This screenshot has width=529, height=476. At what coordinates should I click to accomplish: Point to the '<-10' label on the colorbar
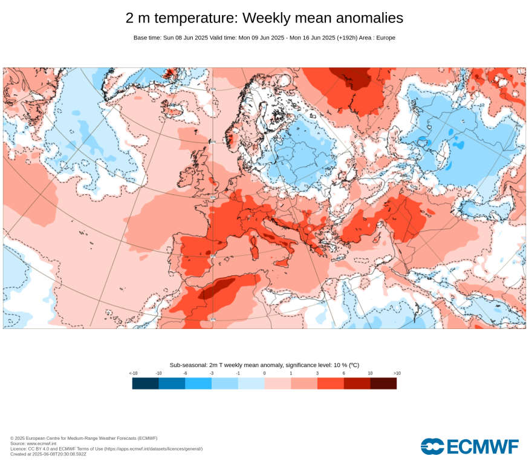133,373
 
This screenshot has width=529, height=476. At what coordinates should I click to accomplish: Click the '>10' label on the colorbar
397,373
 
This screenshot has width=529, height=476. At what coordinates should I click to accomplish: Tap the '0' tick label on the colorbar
264,373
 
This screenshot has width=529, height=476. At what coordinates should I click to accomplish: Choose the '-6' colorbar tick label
185,373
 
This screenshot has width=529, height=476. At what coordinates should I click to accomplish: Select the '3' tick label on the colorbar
317,373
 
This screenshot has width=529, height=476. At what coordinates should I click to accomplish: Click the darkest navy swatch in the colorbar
145,383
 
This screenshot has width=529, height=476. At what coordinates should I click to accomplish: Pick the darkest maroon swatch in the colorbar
383,383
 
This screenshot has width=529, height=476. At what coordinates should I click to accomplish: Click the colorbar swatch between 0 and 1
277,383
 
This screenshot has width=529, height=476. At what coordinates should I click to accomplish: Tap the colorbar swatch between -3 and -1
224,383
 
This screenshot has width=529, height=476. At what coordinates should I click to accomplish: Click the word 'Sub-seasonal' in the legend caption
187,365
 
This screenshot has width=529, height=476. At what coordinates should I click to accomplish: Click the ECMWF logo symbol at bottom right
432,447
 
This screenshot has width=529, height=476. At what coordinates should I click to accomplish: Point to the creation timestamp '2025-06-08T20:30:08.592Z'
59,454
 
